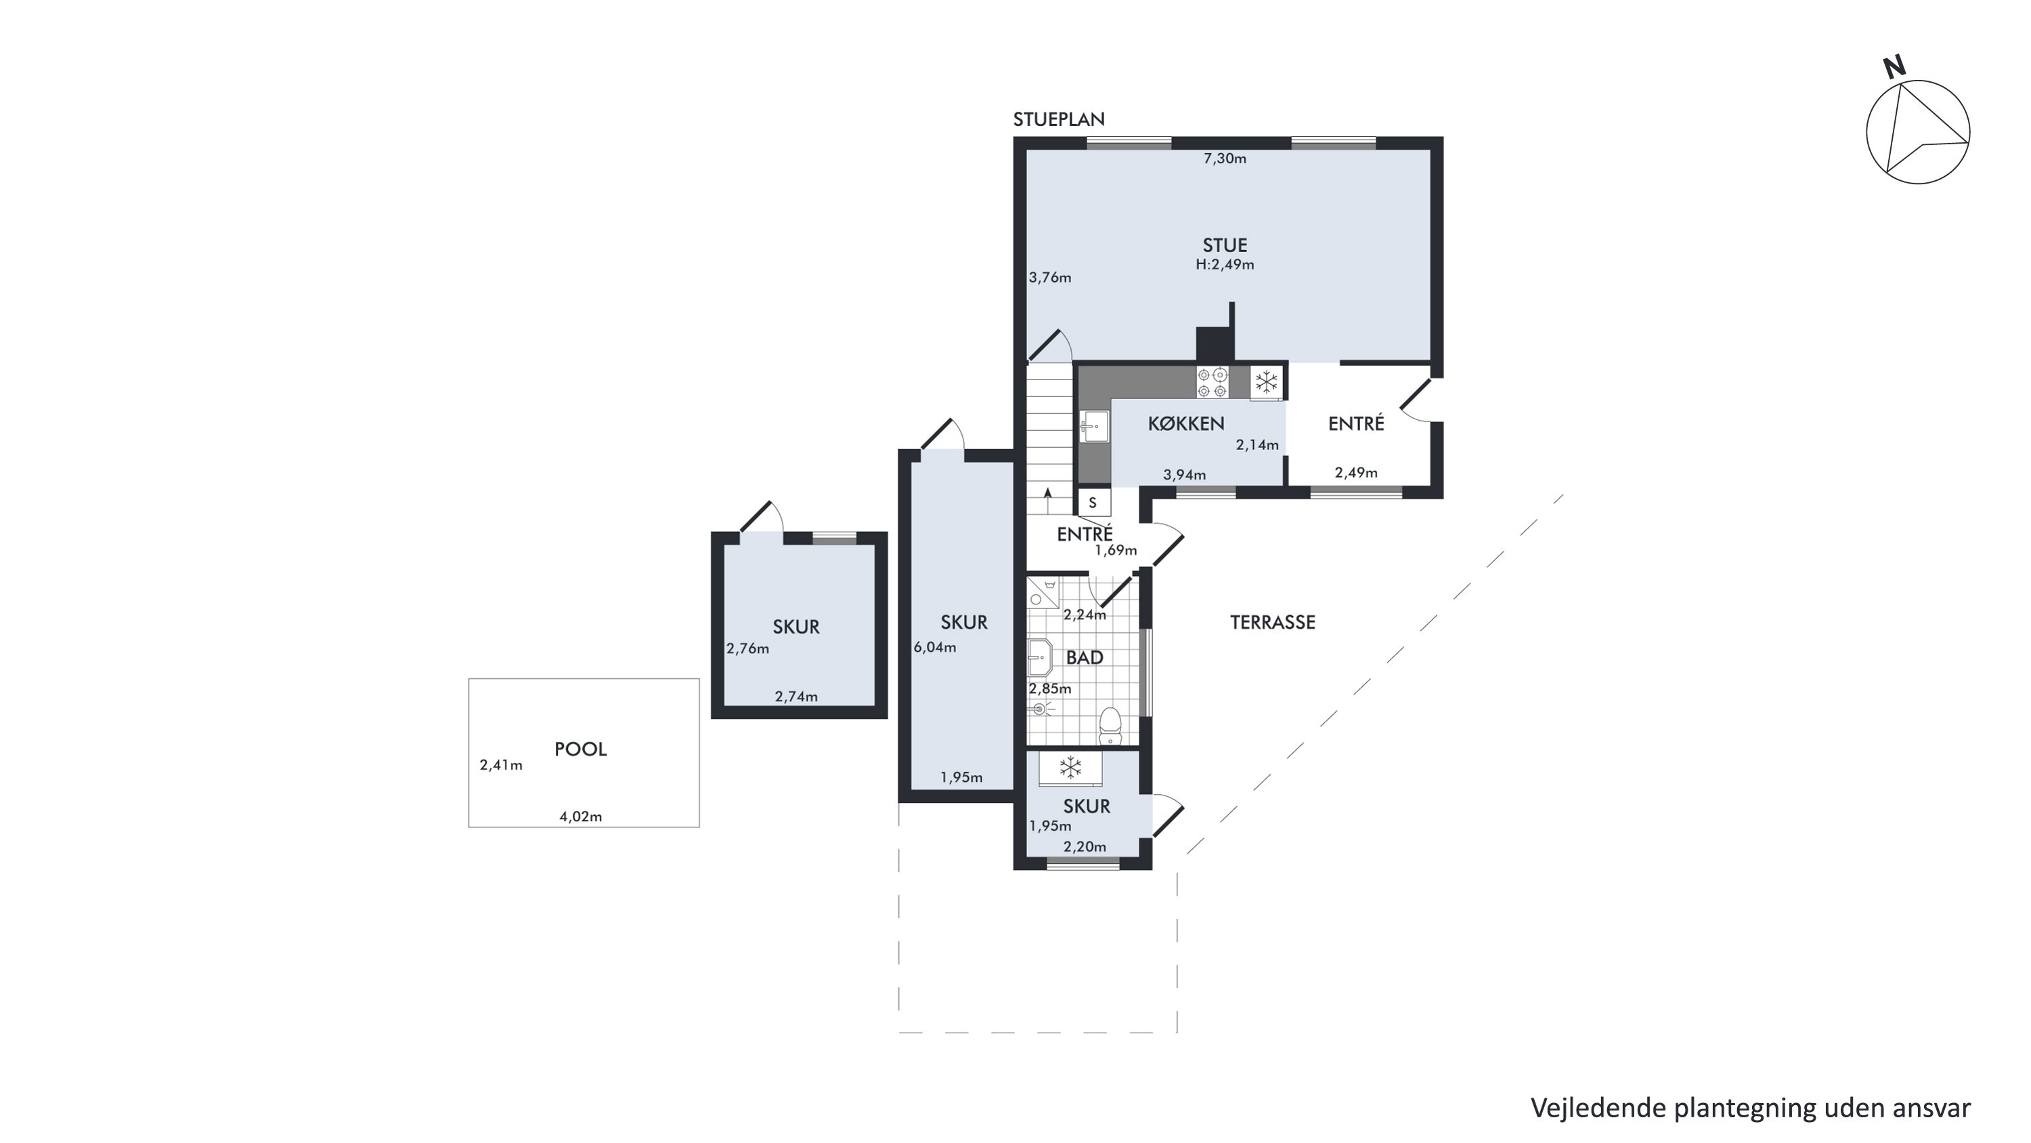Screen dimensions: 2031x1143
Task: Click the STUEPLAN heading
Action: point(1059,119)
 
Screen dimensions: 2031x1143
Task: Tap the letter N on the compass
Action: point(1894,67)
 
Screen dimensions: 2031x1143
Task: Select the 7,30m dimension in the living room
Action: point(1225,159)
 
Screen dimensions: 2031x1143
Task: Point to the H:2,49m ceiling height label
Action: point(1225,265)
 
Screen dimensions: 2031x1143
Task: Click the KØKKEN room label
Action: point(1186,423)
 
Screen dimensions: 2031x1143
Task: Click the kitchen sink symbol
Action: point(1093,427)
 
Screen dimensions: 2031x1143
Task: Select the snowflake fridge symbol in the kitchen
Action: point(1266,383)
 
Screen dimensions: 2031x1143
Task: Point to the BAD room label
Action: point(1084,658)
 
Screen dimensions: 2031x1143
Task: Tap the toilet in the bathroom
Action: point(1110,726)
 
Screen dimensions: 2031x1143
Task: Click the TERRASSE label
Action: point(1273,623)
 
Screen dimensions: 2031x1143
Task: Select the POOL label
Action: point(580,749)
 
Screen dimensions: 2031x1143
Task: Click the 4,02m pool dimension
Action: point(580,816)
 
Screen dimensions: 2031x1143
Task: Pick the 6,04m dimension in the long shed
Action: point(935,648)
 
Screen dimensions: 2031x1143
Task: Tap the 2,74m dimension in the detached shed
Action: point(795,697)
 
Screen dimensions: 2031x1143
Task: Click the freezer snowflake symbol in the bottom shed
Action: point(1070,768)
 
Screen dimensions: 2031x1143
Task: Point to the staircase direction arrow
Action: point(1048,495)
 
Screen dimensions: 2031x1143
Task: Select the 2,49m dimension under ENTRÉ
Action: point(1356,472)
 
